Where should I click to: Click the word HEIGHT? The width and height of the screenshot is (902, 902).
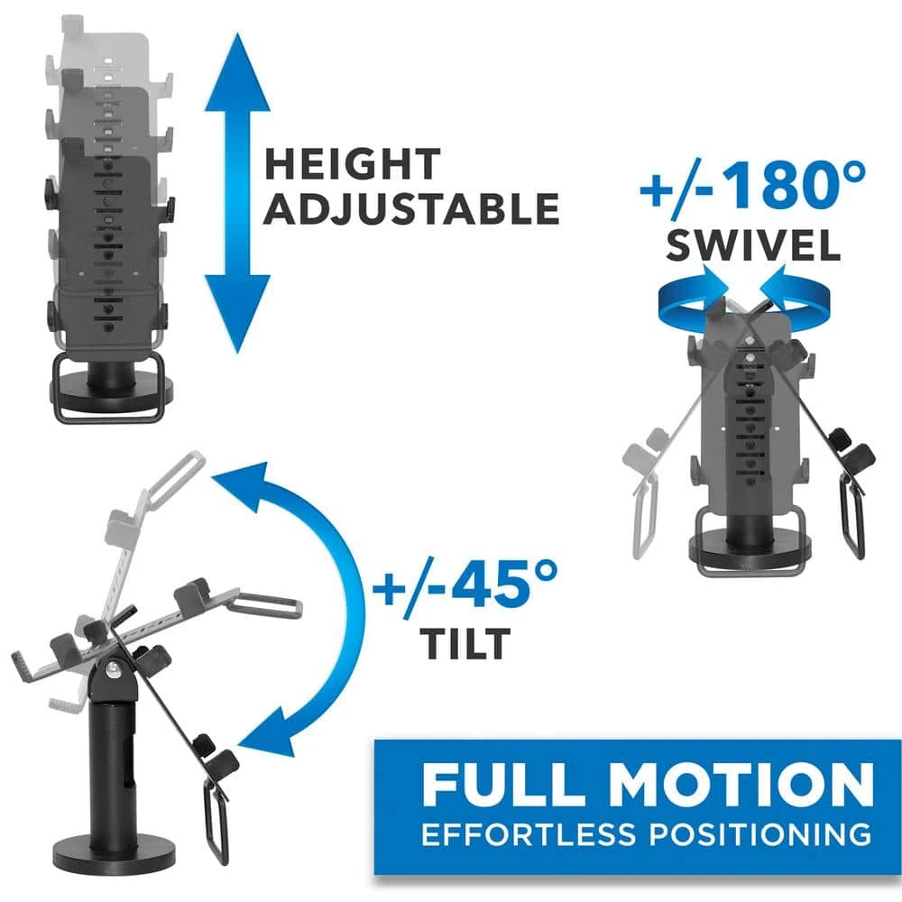click(352, 164)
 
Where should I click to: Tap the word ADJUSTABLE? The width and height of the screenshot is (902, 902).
click(412, 208)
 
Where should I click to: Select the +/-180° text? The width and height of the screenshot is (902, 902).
click(753, 186)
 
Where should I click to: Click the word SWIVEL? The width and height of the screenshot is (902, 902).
click(753, 246)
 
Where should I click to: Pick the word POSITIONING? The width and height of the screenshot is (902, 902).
click(760, 834)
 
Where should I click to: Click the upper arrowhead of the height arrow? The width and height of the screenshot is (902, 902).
click(237, 72)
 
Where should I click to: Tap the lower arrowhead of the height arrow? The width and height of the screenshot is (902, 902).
click(237, 314)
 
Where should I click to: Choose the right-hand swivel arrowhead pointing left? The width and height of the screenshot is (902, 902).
click(772, 281)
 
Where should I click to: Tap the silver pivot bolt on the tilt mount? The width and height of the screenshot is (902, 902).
click(114, 669)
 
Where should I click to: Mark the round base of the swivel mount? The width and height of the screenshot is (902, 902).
click(750, 549)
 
